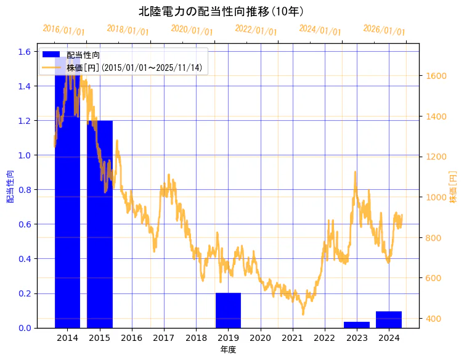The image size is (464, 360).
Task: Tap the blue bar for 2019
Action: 228,310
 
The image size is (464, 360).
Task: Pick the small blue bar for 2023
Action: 357,325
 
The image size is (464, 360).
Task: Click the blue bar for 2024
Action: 389,319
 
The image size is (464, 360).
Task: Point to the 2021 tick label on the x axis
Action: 293,338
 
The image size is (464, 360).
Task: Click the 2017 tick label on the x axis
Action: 164,338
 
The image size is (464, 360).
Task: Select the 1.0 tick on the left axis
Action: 24,155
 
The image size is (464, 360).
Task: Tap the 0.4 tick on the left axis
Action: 24,259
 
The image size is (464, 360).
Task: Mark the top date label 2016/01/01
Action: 64,30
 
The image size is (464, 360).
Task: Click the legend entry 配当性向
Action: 83,55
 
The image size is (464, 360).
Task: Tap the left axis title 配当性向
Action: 10,187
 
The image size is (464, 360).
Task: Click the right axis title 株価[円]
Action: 453,187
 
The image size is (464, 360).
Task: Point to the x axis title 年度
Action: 228,350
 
